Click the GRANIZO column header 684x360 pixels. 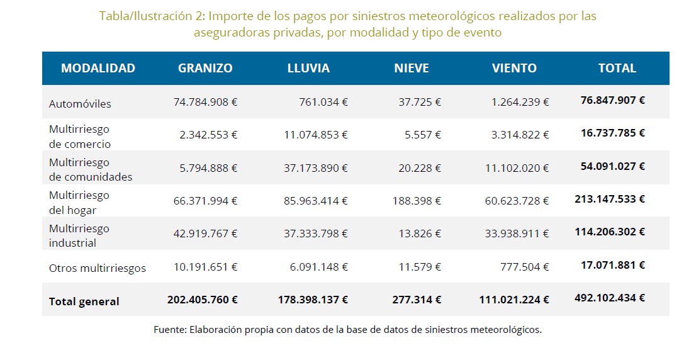[x=205, y=69]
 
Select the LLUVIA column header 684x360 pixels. [x=308, y=69]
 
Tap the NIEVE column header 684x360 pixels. [x=412, y=69]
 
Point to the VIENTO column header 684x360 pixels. [x=514, y=69]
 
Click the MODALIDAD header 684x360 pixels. [x=98, y=69]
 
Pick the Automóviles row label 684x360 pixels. [x=80, y=104]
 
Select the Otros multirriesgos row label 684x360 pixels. [x=98, y=268]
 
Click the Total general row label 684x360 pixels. [x=84, y=301]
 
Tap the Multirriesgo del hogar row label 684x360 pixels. [x=79, y=202]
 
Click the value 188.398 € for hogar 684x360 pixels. [x=417, y=201]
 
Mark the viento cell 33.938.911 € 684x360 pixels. [x=517, y=233]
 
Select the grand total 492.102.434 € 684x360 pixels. [x=610, y=299]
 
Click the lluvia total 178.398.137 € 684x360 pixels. [x=313, y=300]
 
